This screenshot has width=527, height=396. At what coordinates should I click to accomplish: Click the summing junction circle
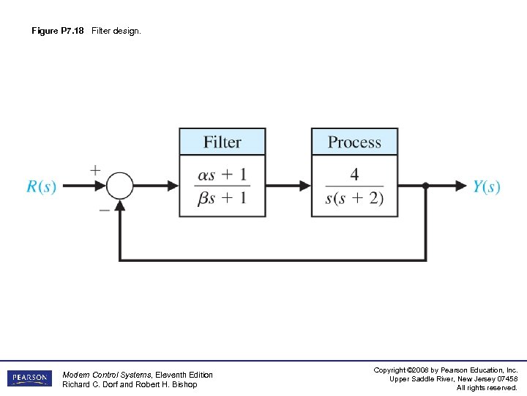[120, 186]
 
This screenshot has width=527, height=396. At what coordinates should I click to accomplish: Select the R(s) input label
[41, 186]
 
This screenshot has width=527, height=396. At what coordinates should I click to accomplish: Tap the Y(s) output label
[486, 186]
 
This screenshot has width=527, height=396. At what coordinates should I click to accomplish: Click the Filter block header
[223, 142]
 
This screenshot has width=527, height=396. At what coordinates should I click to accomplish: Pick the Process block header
[354, 142]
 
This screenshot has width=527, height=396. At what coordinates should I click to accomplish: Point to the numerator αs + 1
[223, 175]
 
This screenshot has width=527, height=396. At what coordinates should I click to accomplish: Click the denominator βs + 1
[223, 199]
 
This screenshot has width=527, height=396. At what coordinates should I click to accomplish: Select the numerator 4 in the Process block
[354, 175]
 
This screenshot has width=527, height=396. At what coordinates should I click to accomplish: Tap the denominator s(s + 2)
[354, 199]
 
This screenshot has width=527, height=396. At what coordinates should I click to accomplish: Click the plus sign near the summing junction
[95, 169]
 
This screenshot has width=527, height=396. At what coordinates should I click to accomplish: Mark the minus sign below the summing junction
[104, 209]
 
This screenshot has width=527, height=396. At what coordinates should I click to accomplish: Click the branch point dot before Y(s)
[426, 186]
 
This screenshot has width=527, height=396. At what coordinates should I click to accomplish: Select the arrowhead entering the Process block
[304, 186]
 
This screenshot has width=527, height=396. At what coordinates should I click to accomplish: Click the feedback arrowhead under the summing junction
[120, 205]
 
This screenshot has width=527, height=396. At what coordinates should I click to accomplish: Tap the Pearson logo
[30, 378]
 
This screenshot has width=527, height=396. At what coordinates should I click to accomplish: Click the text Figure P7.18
[58, 31]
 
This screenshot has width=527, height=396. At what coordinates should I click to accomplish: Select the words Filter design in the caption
[116, 31]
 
